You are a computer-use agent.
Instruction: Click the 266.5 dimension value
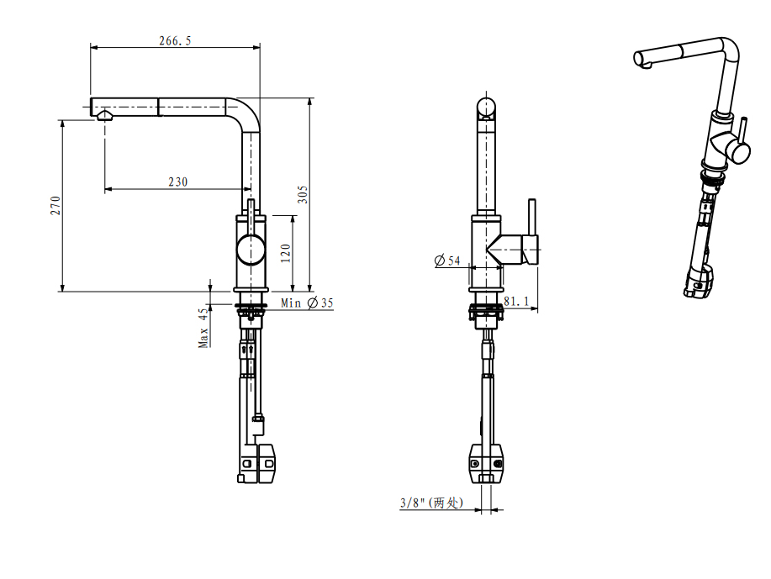[x=175, y=40]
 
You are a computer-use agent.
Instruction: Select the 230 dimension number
[x=178, y=182]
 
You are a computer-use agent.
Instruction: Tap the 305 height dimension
[x=303, y=195]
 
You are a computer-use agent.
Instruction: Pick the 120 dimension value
[x=286, y=251]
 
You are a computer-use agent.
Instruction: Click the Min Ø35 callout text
[x=307, y=303]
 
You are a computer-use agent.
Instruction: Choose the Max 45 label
[x=203, y=328]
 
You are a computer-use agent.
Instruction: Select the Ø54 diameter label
[x=447, y=261]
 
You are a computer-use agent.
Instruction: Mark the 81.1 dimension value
[x=516, y=301]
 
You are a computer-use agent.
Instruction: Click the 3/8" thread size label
[x=431, y=503]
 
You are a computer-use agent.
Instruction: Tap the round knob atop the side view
[x=487, y=108]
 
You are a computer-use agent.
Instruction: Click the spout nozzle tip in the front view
[x=104, y=115]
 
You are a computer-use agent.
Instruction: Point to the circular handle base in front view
[x=250, y=250]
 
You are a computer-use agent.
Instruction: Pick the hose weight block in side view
[x=487, y=464]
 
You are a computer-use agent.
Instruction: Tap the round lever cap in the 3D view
[x=738, y=152]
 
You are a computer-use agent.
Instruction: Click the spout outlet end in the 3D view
[x=640, y=60]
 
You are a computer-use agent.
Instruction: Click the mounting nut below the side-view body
[x=485, y=314]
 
